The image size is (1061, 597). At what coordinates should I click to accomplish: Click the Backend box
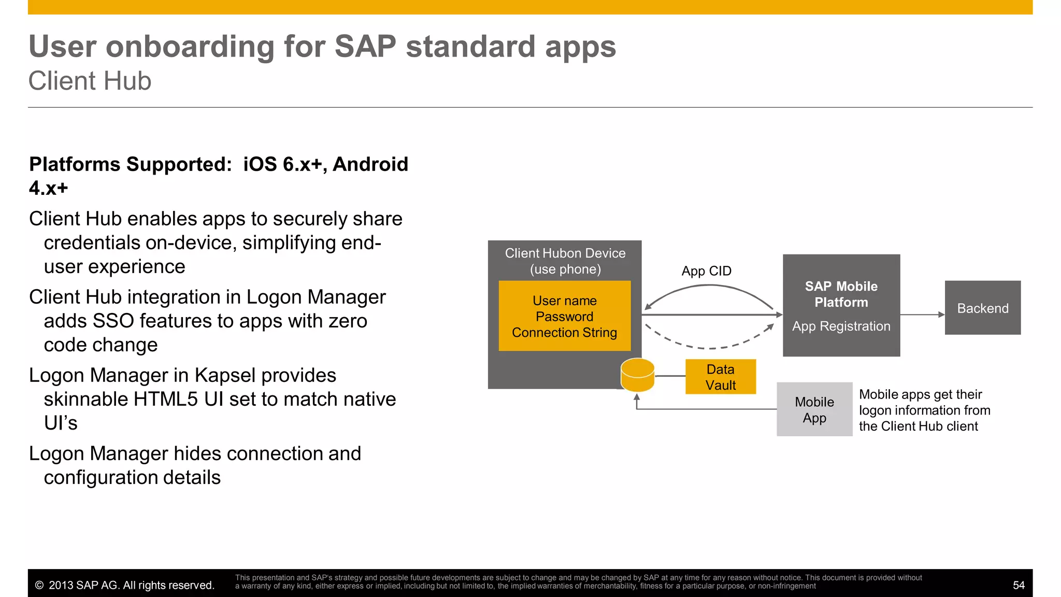pos(982,308)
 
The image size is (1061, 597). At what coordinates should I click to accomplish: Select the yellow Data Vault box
pos(720,377)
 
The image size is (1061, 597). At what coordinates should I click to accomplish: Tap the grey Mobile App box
pos(814,409)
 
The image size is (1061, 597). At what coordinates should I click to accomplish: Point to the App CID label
pos(706,271)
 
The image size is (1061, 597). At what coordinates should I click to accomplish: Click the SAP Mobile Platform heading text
pos(841,294)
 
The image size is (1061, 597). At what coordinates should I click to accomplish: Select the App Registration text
pos(841,326)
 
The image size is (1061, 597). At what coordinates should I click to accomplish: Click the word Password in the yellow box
pos(564,317)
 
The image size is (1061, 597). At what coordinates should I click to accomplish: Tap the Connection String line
pos(564,333)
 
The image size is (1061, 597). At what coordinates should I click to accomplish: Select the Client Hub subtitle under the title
pos(90,81)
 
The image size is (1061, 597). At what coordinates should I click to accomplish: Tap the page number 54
pos(1018,585)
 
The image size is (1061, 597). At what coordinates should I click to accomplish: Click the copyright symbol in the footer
pos(39,585)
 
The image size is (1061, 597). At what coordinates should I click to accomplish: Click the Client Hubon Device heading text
pos(565,253)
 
